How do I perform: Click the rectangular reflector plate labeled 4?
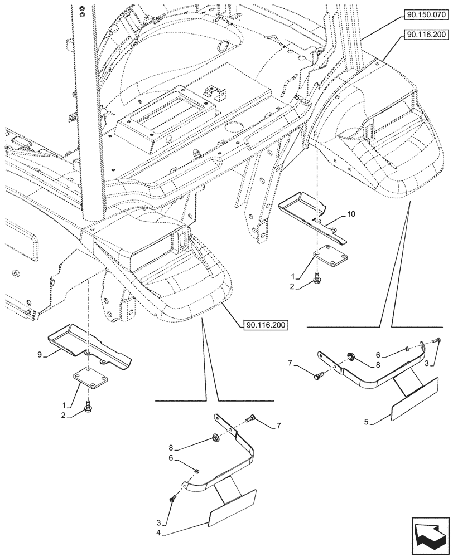[x=232, y=507]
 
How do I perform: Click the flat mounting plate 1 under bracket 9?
[x=90, y=384]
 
